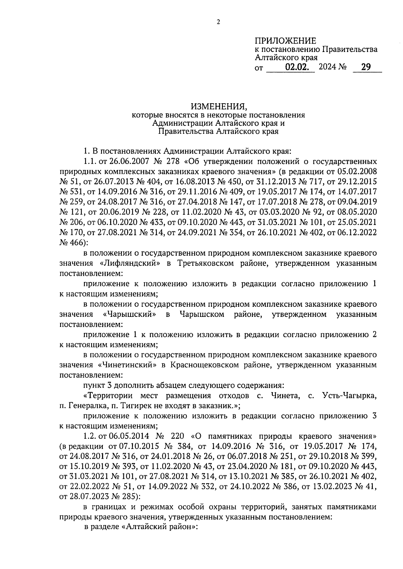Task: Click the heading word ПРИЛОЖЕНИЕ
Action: pyautogui.click(x=285, y=41)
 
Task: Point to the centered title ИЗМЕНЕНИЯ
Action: pyautogui.click(x=219, y=107)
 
